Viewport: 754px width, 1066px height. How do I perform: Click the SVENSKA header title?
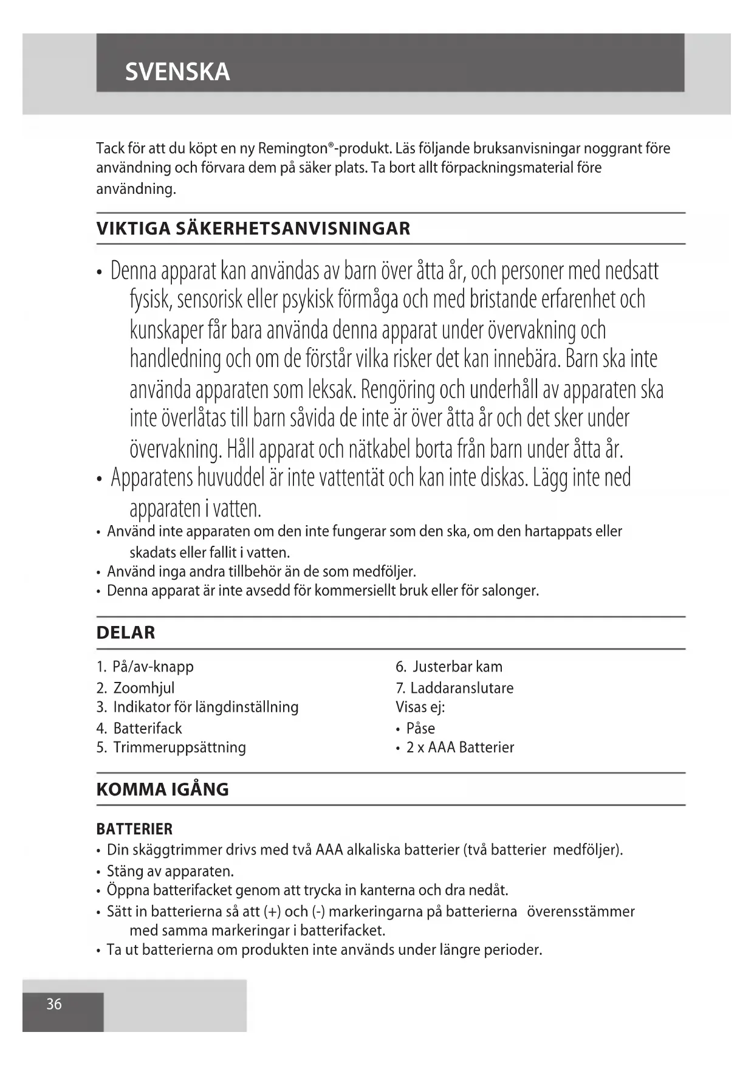click(177, 72)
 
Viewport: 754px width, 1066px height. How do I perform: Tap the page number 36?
click(54, 1004)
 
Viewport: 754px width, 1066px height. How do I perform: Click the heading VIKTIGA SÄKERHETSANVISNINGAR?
click(253, 229)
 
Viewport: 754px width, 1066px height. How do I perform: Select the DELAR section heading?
click(126, 633)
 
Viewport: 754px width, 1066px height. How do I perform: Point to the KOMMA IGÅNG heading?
click(162, 789)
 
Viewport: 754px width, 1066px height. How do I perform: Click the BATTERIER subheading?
click(134, 829)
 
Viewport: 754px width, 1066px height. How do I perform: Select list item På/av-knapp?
click(153, 667)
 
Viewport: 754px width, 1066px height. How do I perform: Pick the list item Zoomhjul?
click(144, 688)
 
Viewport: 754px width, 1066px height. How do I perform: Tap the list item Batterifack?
click(148, 728)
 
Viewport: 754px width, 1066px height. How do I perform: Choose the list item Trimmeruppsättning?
click(179, 747)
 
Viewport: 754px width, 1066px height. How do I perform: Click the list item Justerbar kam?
click(458, 667)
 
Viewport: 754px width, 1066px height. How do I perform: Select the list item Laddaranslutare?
click(462, 688)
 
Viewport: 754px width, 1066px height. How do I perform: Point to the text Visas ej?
click(420, 707)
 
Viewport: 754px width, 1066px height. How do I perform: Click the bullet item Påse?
click(420, 728)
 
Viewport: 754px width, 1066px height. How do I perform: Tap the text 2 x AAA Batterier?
click(460, 747)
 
